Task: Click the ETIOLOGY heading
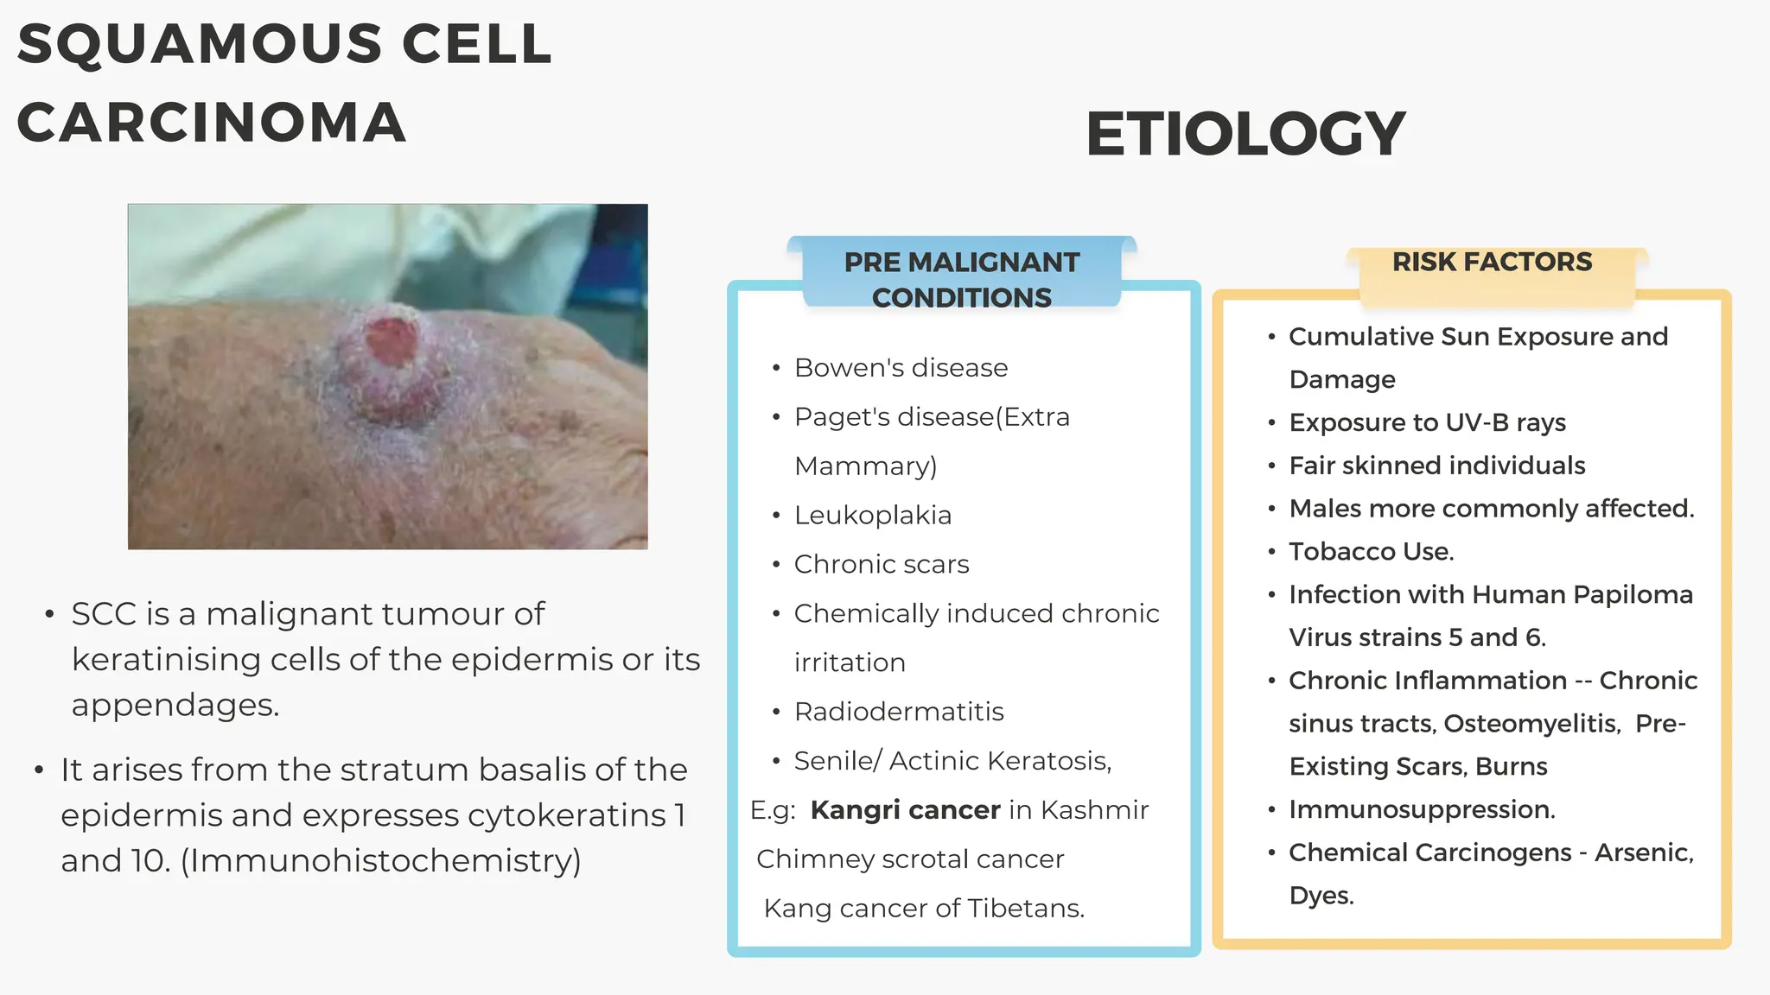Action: coord(1245,135)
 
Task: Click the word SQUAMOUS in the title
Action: coord(200,44)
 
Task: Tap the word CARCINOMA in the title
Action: coord(212,123)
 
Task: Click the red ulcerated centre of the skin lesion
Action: coord(391,340)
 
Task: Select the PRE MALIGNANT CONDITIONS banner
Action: coord(961,278)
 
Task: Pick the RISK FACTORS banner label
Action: coord(1492,262)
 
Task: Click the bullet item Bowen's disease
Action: coord(901,368)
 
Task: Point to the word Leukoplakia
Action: coord(872,516)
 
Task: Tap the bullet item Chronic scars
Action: coord(881,565)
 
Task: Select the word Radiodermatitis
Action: coord(898,712)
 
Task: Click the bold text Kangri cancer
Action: coord(905,810)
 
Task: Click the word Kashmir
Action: coord(1094,810)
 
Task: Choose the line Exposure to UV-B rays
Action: coord(1427,422)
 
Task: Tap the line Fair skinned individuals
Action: coord(1436,466)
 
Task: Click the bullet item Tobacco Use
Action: coord(1371,552)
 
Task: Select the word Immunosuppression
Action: coord(1421,810)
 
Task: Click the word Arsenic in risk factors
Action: coord(1643,852)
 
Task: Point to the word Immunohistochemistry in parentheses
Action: coord(380,861)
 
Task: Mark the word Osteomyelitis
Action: coord(1531,724)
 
